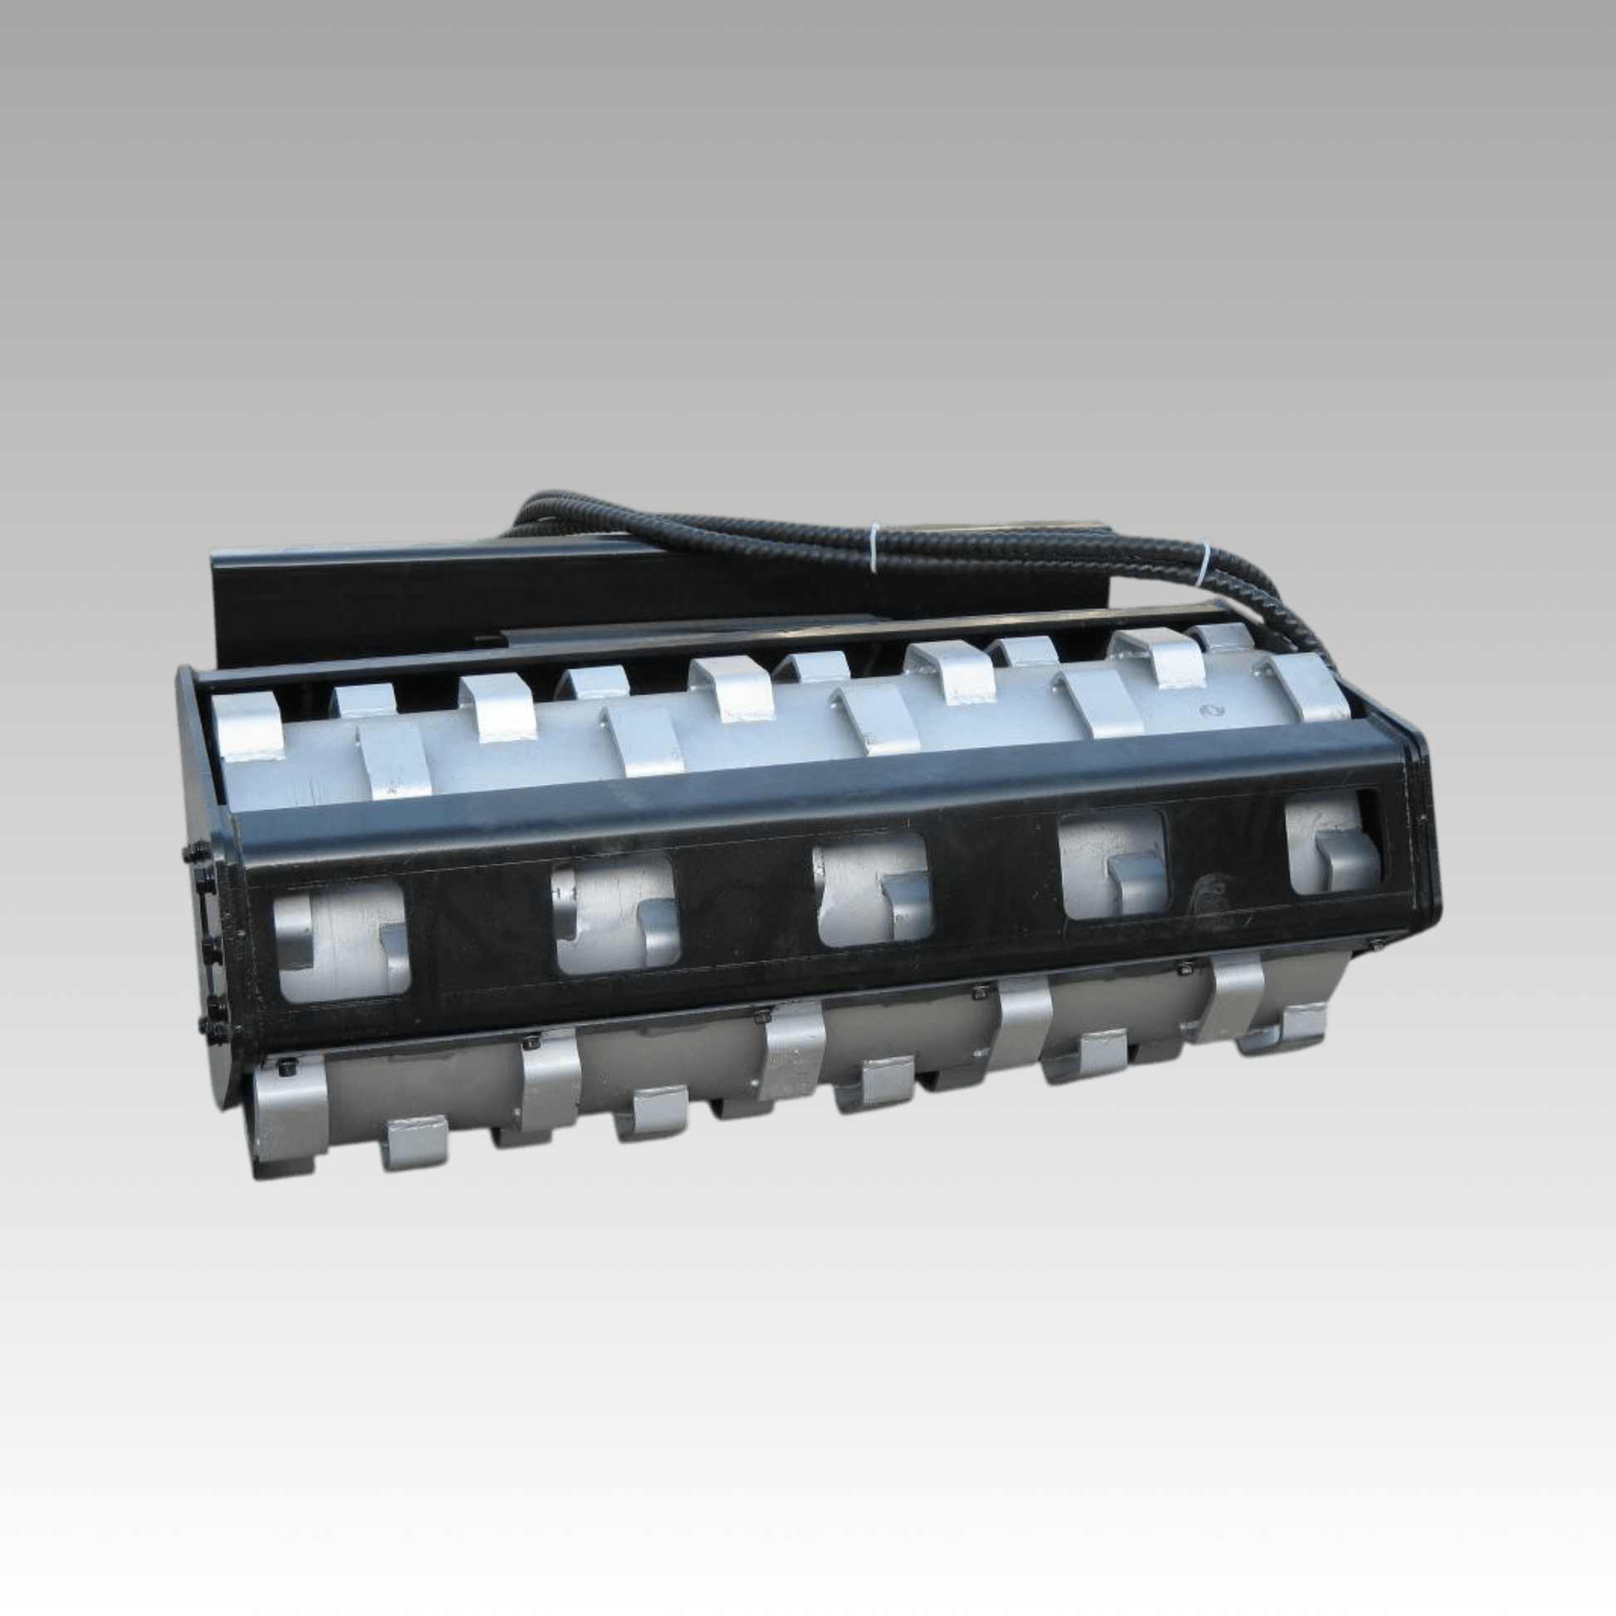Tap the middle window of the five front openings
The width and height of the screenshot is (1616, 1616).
[x=870, y=892]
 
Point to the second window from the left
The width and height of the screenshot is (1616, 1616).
[x=616, y=917]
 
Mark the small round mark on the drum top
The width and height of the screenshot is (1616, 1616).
[x=1207, y=709]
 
